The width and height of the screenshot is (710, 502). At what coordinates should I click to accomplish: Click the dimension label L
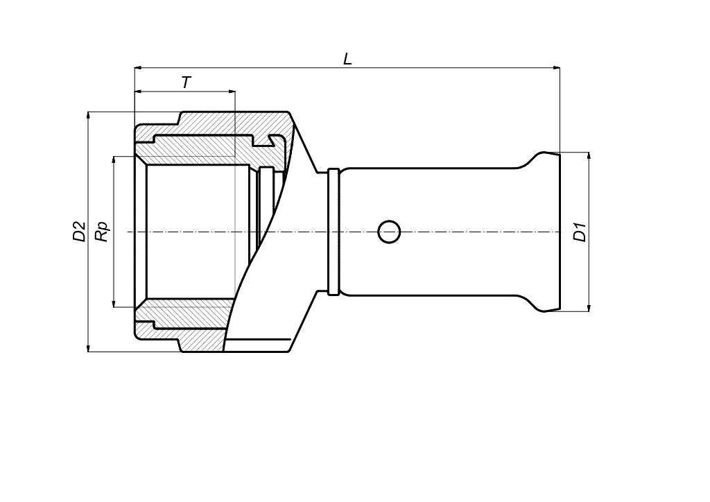(x=347, y=58)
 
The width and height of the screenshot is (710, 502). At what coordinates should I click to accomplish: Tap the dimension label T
(x=186, y=83)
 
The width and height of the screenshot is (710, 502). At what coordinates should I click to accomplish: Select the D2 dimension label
(x=79, y=232)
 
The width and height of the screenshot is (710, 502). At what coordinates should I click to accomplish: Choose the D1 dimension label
(x=580, y=232)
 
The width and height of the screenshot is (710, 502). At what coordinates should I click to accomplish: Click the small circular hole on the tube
(x=389, y=232)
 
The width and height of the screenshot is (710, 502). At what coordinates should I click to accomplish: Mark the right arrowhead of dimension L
(x=556, y=68)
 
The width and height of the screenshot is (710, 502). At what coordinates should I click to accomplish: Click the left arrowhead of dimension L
(x=139, y=68)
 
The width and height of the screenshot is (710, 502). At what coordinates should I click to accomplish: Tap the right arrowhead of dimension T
(x=231, y=92)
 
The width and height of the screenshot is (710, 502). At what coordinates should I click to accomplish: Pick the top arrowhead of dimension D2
(x=88, y=116)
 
